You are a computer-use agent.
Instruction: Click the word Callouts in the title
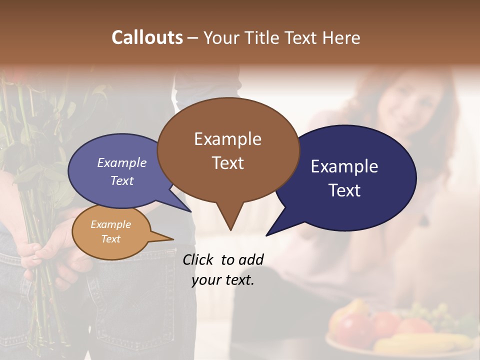tap(147, 37)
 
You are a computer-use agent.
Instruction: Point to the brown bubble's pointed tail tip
tap(230, 229)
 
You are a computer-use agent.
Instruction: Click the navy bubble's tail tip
tap(266, 235)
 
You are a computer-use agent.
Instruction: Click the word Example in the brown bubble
tap(227, 138)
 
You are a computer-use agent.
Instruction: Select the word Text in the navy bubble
tap(345, 190)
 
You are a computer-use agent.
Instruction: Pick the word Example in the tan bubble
tap(111, 224)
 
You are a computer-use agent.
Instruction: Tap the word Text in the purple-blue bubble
tap(122, 181)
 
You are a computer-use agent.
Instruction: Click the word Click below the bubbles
tap(198, 259)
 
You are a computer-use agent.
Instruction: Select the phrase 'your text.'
tap(223, 280)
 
